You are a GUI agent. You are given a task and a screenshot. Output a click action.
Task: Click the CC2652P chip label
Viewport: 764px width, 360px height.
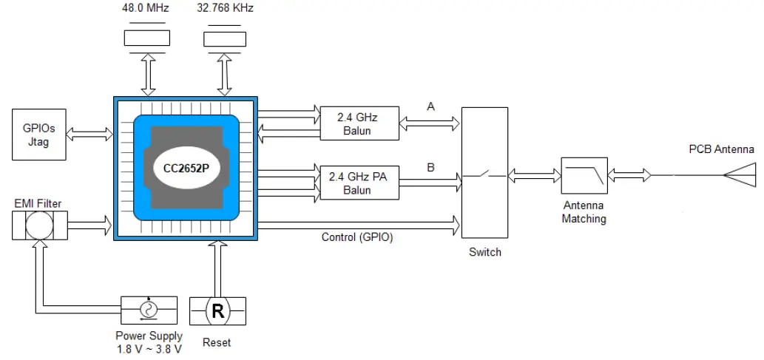click(186, 167)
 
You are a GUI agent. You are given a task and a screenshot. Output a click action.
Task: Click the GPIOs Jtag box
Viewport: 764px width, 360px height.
click(38, 135)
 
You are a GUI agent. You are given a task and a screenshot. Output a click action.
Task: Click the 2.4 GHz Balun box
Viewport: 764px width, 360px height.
click(359, 123)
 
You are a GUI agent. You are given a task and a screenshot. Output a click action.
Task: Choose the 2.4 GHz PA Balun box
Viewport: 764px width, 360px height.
click(359, 182)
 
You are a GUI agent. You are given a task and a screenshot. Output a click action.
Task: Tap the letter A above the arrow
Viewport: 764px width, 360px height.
click(430, 107)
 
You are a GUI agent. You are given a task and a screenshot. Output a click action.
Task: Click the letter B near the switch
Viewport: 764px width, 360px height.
click(430, 167)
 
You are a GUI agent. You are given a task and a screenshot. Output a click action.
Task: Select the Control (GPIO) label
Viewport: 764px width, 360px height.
click(357, 237)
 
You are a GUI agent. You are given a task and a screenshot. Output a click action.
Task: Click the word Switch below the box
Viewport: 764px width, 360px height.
click(484, 252)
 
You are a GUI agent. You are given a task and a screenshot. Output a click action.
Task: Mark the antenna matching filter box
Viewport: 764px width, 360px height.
click(584, 176)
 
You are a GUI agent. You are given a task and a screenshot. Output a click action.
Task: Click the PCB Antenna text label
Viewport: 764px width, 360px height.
click(721, 149)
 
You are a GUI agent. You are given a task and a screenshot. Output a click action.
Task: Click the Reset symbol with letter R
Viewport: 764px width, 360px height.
click(217, 311)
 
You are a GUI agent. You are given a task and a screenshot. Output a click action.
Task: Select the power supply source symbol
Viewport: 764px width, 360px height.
click(149, 309)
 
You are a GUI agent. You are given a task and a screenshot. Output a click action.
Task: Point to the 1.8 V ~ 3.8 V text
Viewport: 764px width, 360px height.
click(149, 349)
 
